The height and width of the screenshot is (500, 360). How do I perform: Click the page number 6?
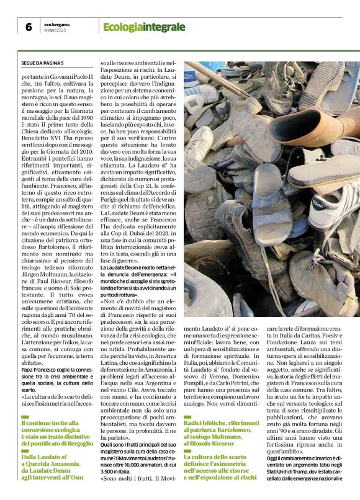[x=29, y=27]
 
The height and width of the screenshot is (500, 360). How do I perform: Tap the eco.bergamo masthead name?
[x=60, y=24]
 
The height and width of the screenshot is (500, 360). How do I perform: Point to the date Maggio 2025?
[x=56, y=30]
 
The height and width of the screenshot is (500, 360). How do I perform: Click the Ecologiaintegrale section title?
[x=144, y=27]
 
